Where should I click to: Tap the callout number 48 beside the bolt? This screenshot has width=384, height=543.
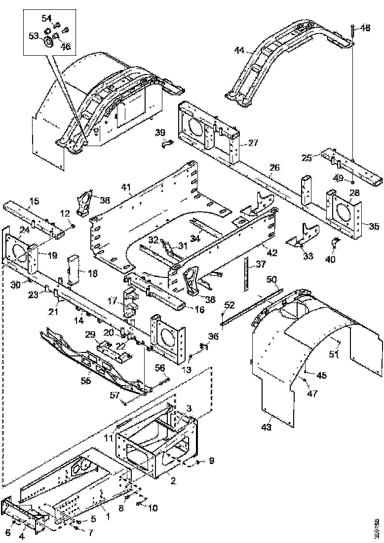tap(365, 28)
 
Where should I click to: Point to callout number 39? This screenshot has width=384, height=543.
tap(160, 132)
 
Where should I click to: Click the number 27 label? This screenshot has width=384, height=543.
tap(253, 143)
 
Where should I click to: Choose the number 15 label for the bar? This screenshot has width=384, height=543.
tap(34, 201)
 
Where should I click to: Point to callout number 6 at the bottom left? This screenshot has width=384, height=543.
tap(7, 532)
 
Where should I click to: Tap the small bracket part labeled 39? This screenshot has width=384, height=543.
tap(168, 144)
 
